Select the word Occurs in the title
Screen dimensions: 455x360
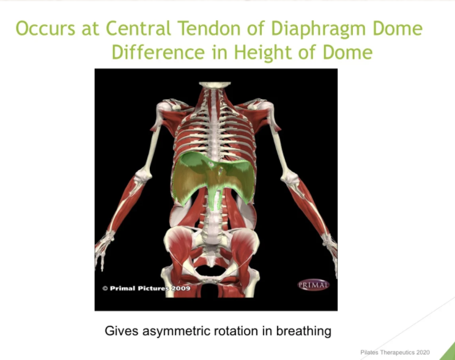[45, 29]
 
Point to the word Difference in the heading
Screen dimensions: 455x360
[158, 52]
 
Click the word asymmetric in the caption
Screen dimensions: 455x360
[176, 331]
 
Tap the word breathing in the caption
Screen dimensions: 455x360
[303, 331]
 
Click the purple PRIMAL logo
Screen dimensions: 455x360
[314, 285]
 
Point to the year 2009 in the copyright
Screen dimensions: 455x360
[181, 288]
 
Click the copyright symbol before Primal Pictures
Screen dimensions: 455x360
[105, 288]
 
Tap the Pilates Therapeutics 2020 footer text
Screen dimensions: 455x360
[395, 353]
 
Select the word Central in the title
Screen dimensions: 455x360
[139, 29]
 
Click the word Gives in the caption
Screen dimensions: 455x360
[122, 331]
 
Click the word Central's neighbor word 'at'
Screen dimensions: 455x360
[91, 29]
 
